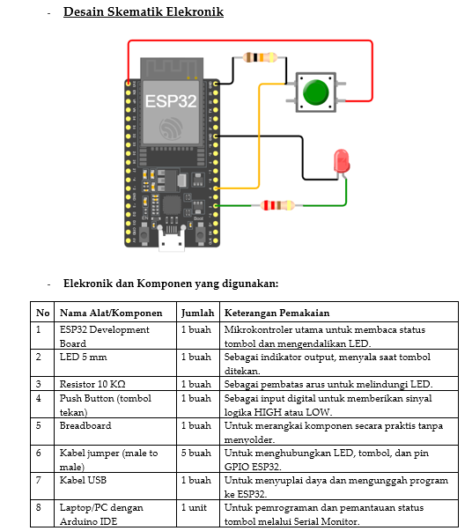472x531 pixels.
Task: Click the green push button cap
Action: click(x=315, y=92)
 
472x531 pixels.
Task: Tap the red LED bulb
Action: click(x=342, y=160)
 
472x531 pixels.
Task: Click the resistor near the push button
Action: click(x=260, y=57)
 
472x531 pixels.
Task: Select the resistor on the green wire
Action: click(x=277, y=205)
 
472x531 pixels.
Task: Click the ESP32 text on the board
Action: click(x=171, y=101)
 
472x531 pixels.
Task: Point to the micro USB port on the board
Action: click(x=172, y=240)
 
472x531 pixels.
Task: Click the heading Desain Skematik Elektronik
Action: click(x=144, y=11)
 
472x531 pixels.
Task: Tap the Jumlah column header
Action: click(x=198, y=313)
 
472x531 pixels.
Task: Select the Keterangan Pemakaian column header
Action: click(x=277, y=313)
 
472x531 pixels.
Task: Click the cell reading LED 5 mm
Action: click(x=84, y=357)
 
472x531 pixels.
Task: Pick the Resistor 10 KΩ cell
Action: click(x=92, y=384)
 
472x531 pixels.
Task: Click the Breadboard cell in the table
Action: click(x=85, y=425)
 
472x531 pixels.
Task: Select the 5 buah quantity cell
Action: click(x=196, y=453)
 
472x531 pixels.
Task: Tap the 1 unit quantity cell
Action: click(x=194, y=507)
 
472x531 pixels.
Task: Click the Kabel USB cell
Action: click(x=83, y=480)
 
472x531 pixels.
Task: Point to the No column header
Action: click(x=42, y=313)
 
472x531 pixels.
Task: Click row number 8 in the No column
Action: click(x=38, y=507)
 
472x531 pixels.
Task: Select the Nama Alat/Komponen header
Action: click(x=111, y=313)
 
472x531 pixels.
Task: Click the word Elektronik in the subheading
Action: click(x=88, y=283)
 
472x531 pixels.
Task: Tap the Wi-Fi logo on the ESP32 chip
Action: click(x=171, y=129)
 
